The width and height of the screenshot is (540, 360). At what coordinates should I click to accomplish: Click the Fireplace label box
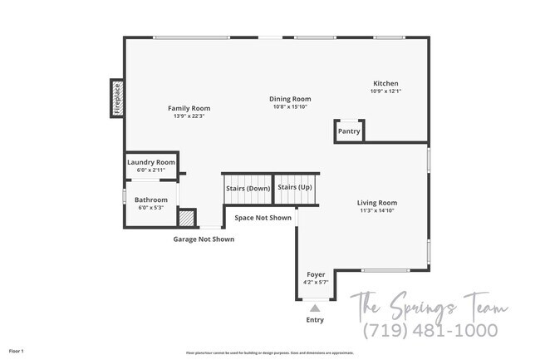(117, 98)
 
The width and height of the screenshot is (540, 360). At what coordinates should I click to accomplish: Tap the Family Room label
(189, 108)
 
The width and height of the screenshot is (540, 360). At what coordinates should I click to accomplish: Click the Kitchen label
(385, 83)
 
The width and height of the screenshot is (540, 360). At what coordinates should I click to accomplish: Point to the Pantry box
(349, 131)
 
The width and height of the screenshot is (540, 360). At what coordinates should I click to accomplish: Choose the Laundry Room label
(151, 162)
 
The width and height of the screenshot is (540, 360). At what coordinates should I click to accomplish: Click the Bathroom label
(151, 200)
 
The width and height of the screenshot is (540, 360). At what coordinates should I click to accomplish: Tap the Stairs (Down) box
(248, 188)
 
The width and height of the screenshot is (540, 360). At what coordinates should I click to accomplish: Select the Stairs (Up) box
(295, 187)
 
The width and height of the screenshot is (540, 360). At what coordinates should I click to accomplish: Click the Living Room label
(377, 203)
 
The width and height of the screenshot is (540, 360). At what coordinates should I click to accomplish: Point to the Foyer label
(316, 274)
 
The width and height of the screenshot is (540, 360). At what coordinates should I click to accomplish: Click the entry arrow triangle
(315, 308)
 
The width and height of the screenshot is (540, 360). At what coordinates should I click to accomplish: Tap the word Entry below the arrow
(315, 320)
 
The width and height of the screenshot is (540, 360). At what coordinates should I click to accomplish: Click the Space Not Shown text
(263, 218)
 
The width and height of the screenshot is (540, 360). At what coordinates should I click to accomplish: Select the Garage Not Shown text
(204, 239)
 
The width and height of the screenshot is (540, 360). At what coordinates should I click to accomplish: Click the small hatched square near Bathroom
(188, 219)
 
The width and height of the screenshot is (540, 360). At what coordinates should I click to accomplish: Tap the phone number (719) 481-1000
(431, 330)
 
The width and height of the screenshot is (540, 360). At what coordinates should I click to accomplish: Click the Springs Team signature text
(428, 304)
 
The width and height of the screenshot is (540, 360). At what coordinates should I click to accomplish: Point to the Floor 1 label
(17, 352)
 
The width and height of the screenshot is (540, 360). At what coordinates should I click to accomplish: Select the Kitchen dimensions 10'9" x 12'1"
(385, 91)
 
